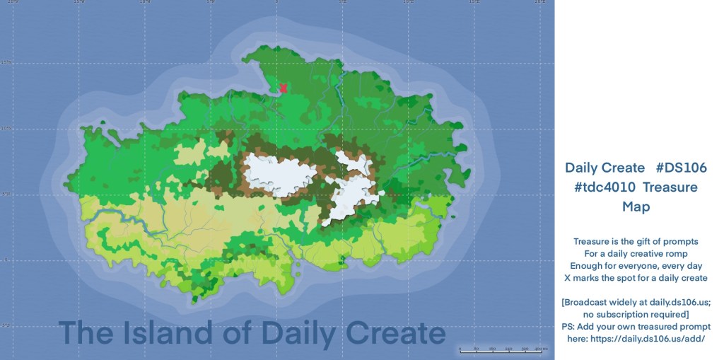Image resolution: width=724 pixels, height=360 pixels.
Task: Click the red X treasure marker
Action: tap(283, 88)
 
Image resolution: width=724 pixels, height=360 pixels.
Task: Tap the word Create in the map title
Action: tap(395, 333)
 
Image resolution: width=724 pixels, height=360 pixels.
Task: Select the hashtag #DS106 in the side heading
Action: tap(682, 168)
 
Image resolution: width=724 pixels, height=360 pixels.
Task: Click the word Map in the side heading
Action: tap(636, 207)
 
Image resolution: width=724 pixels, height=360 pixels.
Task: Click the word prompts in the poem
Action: tap(682, 241)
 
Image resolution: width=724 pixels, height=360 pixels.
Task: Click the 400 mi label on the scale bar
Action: tap(541, 349)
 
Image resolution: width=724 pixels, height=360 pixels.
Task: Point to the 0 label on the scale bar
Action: tap(460, 349)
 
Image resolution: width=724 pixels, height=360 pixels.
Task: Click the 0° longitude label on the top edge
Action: tap(276, 2)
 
